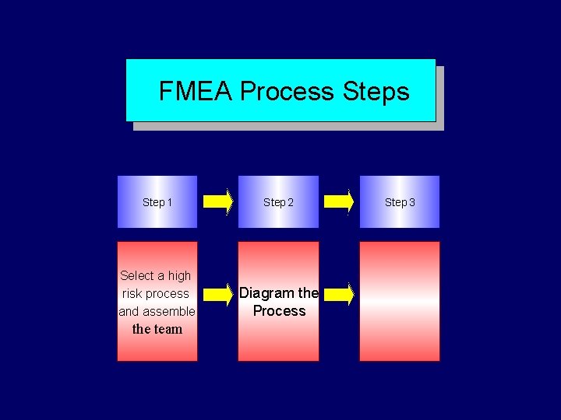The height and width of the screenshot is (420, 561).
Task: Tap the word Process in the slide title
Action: (x=287, y=92)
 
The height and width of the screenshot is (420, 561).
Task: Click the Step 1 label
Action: (x=157, y=202)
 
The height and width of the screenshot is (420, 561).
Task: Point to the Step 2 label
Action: (x=278, y=202)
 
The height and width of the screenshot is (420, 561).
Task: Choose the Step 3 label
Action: (x=400, y=202)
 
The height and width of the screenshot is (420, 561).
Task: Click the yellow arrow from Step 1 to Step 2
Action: (x=218, y=202)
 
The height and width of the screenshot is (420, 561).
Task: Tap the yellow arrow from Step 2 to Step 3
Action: (x=339, y=202)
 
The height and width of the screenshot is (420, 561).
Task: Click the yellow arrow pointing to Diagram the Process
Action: (x=218, y=294)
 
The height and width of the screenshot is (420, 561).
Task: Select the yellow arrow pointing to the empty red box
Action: (x=339, y=294)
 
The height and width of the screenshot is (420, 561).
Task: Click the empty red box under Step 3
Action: (x=399, y=301)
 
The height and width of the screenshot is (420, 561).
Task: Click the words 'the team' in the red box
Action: (x=157, y=329)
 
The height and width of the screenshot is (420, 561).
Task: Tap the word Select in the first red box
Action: (x=137, y=275)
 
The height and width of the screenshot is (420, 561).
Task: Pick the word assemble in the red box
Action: (x=168, y=312)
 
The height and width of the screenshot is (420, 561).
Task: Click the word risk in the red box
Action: (x=132, y=294)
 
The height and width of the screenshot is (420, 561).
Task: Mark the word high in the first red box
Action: (x=179, y=275)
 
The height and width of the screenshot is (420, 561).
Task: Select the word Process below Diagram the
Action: (x=279, y=311)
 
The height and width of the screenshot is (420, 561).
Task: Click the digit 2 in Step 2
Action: (x=290, y=202)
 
